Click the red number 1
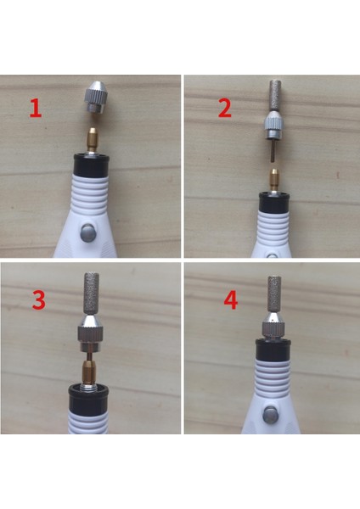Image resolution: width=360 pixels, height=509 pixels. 35,109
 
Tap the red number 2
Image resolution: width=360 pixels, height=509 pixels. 224,109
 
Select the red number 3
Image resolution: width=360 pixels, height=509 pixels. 37,301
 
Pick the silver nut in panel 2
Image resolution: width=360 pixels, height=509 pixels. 271,130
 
